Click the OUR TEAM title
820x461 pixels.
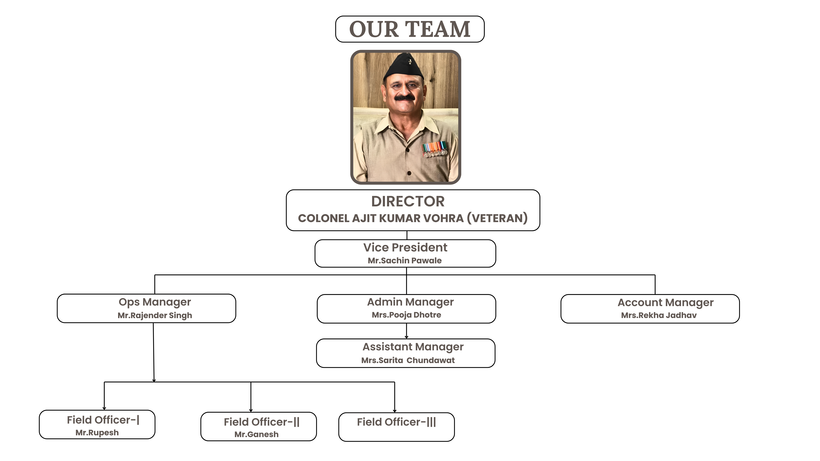click(x=410, y=29)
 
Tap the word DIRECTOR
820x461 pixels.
click(x=408, y=201)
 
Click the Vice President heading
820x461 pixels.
click(x=405, y=248)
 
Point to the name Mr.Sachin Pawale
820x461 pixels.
click(x=405, y=261)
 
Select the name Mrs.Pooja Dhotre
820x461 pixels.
click(x=406, y=315)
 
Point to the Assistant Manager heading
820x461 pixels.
click(x=413, y=347)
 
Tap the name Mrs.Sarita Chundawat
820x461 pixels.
click(x=408, y=360)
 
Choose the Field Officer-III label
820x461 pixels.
click(x=396, y=422)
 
